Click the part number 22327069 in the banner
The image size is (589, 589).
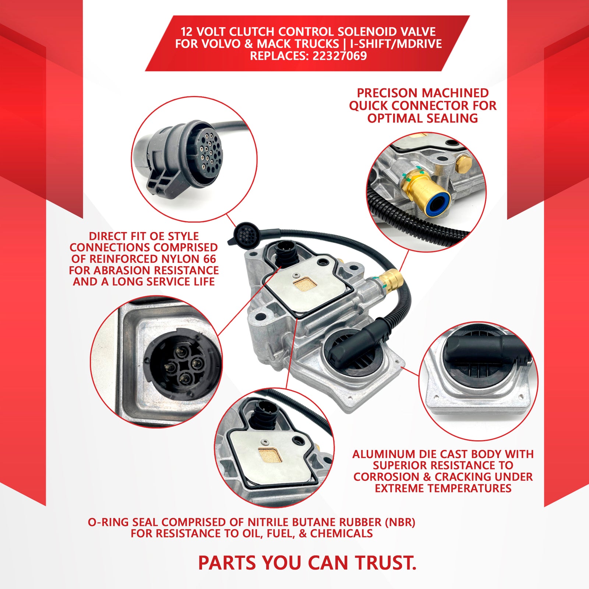(339, 56)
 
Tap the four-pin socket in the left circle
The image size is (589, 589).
(182, 365)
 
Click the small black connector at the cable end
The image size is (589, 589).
(244, 233)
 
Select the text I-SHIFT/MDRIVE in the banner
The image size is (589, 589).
(396, 44)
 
